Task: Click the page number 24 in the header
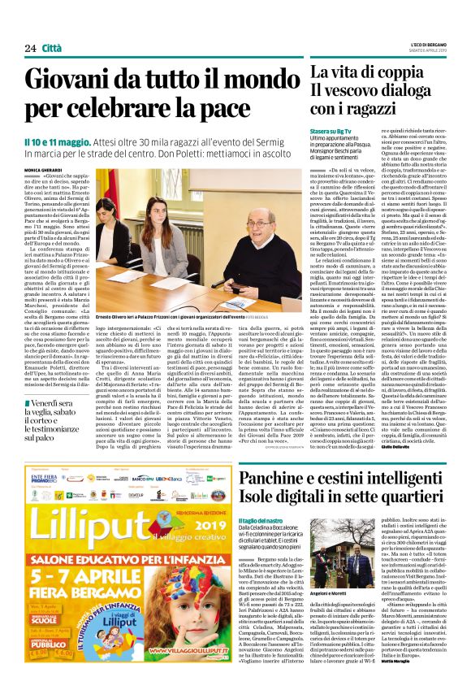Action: pos(31,48)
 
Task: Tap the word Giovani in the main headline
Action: pos(67,80)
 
